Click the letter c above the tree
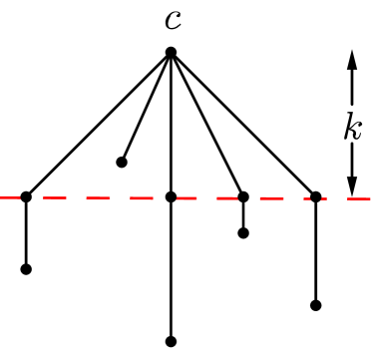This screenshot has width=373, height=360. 172,19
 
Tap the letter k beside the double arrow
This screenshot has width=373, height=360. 351,128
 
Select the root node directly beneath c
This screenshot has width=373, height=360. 171,52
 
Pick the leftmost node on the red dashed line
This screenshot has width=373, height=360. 26,197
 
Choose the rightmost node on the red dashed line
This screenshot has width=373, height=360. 315,197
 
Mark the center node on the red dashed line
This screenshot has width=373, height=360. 171,197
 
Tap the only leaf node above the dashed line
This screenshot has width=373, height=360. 122,162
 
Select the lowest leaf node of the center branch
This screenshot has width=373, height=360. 171,340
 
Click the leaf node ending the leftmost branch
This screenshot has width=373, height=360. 26,268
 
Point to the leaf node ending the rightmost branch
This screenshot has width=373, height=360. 315,305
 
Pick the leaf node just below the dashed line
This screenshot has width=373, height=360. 243,233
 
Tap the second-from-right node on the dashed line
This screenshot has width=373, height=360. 243,197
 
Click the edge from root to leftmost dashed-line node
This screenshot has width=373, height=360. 98,125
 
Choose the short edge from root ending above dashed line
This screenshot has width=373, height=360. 147,107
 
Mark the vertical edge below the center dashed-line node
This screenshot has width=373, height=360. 171,269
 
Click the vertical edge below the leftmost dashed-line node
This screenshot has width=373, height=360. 26,233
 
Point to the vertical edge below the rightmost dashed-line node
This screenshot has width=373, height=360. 315,251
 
